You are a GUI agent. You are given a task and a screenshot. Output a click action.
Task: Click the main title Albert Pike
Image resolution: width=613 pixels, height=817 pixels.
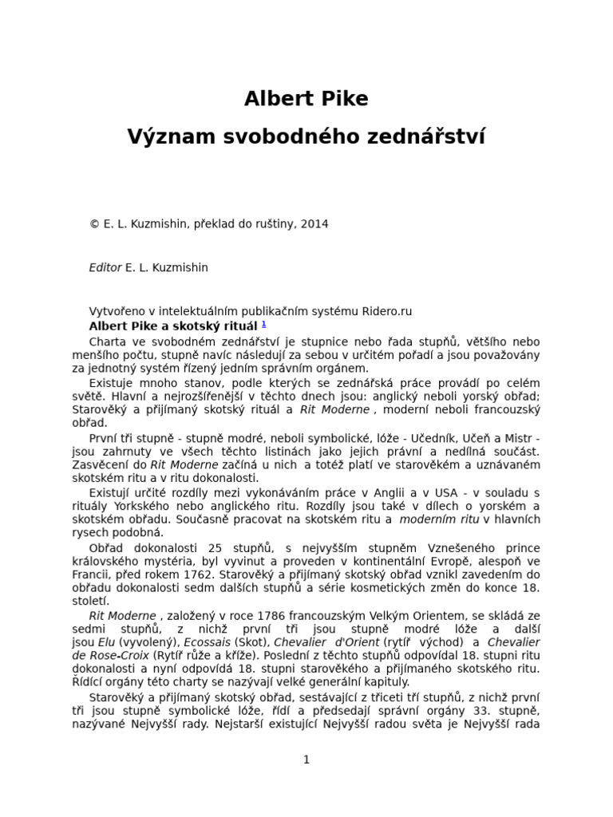(306, 99)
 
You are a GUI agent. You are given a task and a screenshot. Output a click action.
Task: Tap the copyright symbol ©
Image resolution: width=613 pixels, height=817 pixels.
(94, 224)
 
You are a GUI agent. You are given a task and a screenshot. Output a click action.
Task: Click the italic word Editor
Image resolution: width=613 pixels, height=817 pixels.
(105, 267)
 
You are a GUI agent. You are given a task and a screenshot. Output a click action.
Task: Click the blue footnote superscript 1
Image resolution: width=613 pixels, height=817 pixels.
(264, 324)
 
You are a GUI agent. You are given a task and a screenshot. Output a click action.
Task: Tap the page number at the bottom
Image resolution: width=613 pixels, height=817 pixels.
(306, 760)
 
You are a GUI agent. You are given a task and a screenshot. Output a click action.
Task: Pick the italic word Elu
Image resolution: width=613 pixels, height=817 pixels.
(106, 642)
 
